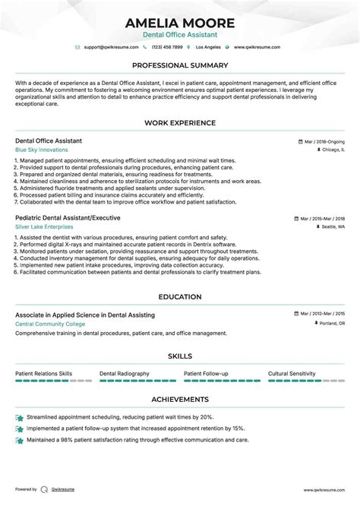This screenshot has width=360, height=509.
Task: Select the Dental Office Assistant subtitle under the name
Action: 180,35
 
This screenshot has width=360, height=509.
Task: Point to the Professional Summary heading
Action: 180,65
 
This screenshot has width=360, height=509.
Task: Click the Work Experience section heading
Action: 180,123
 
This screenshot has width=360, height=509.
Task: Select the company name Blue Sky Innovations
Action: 40,150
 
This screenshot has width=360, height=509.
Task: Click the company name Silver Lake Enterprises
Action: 44,226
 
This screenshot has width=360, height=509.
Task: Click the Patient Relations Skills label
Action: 44,374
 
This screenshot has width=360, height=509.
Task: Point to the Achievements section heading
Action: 180,399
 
